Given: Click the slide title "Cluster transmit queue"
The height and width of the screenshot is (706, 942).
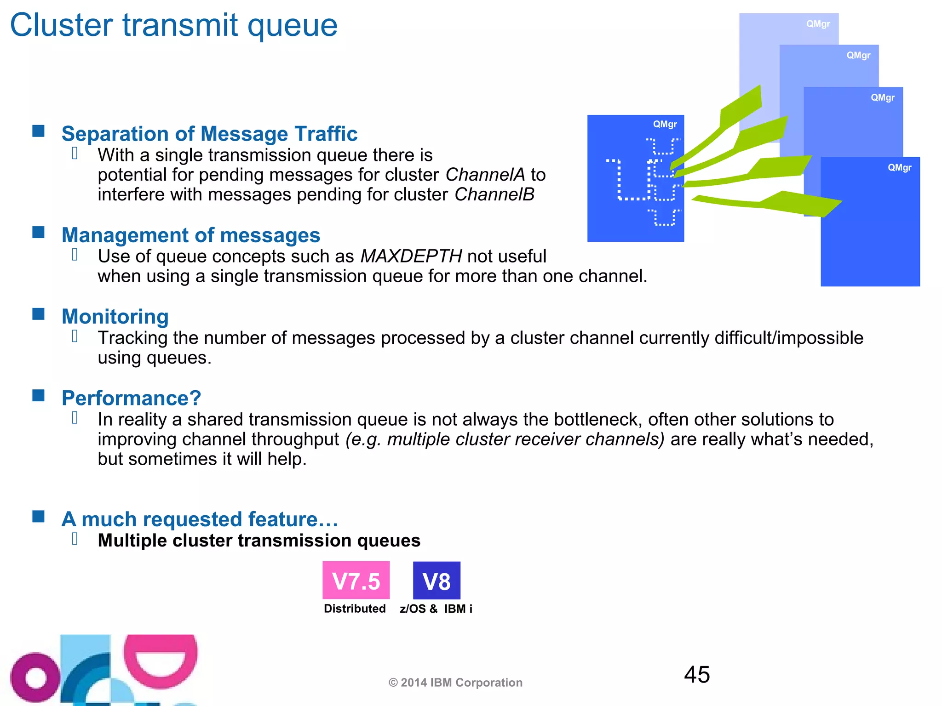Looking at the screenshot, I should (174, 25).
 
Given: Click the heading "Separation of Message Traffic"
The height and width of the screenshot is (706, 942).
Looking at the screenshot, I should (209, 134).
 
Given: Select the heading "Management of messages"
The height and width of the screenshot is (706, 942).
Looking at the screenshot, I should (191, 235).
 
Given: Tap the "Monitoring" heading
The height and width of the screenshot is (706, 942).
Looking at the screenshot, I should (115, 316).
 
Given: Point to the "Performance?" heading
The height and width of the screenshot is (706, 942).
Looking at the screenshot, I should (131, 398).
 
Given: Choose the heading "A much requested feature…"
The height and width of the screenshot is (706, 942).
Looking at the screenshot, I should (200, 519).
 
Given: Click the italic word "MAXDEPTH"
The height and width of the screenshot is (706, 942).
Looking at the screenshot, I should (411, 256).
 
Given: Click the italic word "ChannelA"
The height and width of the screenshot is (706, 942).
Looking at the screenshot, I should (485, 175).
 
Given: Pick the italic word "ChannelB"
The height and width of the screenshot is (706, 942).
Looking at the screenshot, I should (494, 194).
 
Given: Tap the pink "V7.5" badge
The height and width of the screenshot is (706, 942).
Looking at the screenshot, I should (356, 581).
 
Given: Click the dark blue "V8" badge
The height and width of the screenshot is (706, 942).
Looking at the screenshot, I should (437, 581).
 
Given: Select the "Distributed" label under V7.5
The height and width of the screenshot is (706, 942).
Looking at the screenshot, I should (355, 609).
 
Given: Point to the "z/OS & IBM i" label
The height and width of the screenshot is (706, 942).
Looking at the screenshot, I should (436, 609).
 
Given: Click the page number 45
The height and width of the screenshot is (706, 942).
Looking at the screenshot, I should (697, 675).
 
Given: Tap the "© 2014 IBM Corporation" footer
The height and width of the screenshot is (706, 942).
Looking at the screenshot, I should (455, 683).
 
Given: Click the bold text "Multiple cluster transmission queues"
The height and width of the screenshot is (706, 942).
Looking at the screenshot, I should (259, 541).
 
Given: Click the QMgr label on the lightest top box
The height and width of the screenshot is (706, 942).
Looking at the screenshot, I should (818, 24).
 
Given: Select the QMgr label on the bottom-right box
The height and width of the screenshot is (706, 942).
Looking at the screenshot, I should (899, 168).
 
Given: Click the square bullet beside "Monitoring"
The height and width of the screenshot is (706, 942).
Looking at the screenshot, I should (39, 314).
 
